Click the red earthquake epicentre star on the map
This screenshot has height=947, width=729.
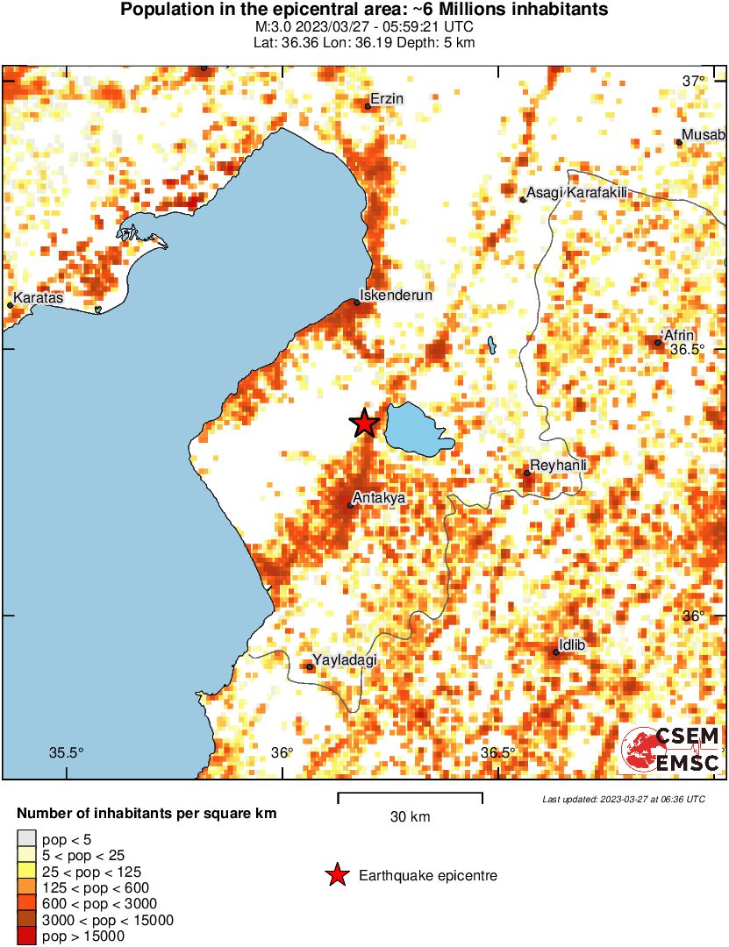pyautogui.click(x=364, y=424)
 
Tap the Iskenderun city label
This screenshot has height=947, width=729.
pyautogui.click(x=397, y=295)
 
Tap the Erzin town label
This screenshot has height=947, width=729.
pyautogui.click(x=387, y=99)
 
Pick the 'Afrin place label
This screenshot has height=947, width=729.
pyautogui.click(x=679, y=335)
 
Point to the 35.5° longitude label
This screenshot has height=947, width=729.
pyautogui.click(x=66, y=752)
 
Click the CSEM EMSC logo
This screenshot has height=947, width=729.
pyautogui.click(x=671, y=750)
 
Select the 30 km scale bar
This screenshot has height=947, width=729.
pyautogui.click(x=410, y=798)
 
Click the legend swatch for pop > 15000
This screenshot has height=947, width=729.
pyautogui.click(x=27, y=936)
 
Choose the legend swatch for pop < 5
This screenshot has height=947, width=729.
pyautogui.click(x=27, y=840)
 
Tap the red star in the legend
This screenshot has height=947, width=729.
pyautogui.click(x=335, y=875)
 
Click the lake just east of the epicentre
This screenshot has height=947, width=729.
pyautogui.click(x=417, y=430)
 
